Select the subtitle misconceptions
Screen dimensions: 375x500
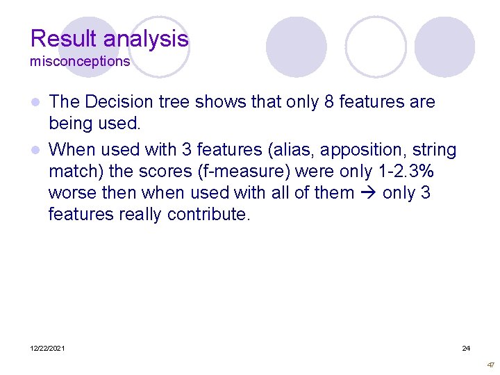pos(80,61)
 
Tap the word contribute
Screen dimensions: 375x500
pos(208,215)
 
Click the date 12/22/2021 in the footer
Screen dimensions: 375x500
pos(47,348)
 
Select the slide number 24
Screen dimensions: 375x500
pos(466,348)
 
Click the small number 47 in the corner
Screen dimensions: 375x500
pos(491,365)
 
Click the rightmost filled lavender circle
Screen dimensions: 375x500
pos(444,47)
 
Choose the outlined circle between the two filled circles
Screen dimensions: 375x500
pos(376,47)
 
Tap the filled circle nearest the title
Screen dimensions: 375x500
pos(297,47)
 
